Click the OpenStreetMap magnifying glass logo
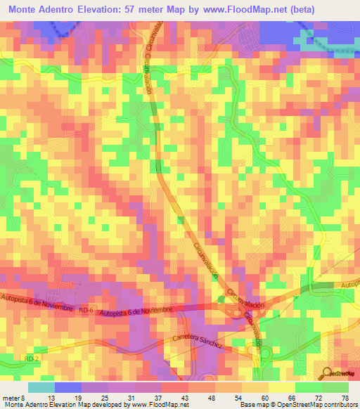pyautogui.click(x=326, y=373)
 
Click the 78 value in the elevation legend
pyautogui.click(x=345, y=396)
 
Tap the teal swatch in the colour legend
pyautogui.click(x=41, y=387)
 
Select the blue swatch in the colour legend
pyautogui.click(x=67, y=387)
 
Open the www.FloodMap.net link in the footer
pyautogui.click(x=148, y=405)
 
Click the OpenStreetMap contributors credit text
pyautogui.click(x=314, y=405)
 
